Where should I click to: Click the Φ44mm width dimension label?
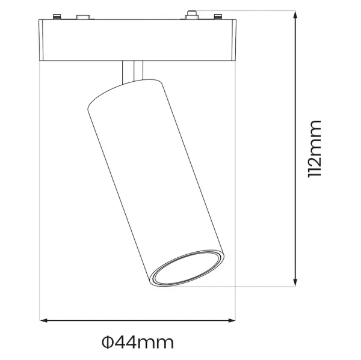138,343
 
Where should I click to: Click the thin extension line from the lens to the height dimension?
259,286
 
